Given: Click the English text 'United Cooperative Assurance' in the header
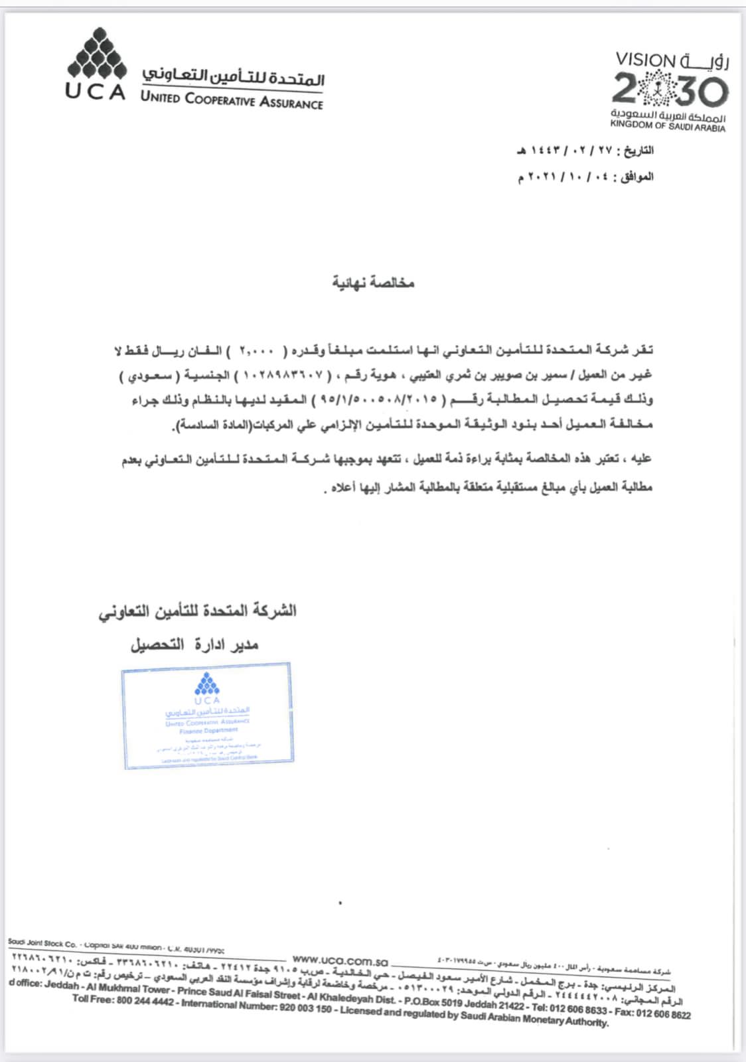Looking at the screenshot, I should click(232, 100).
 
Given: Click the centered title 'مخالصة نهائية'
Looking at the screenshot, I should click(373, 283).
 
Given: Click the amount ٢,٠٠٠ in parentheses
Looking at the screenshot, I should click(256, 350).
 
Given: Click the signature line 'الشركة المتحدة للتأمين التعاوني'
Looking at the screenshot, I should click(198, 611).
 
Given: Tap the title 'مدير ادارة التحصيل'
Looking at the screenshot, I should click(194, 644).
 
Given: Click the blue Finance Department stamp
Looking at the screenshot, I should click(207, 716).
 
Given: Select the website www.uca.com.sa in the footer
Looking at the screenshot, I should click(340, 960).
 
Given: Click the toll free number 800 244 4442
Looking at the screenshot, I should click(145, 1001).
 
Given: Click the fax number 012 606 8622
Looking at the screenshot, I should click(663, 1014).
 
